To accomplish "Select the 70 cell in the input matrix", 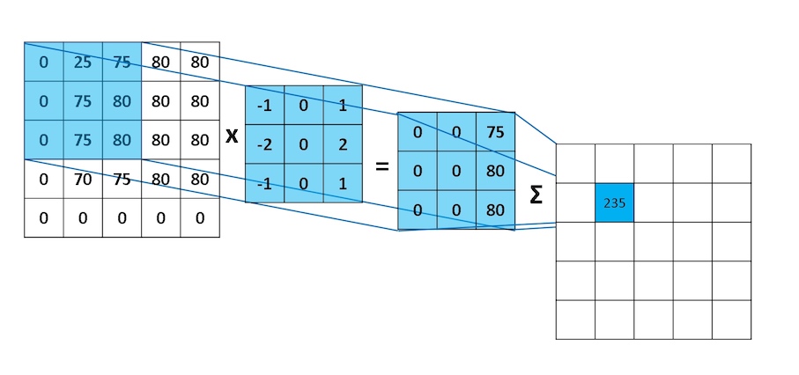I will [x=83, y=178].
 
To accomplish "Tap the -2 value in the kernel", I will [x=264, y=143].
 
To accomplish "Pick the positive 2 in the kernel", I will [x=342, y=143].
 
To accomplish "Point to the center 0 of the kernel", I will [x=303, y=143].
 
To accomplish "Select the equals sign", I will [x=381, y=165].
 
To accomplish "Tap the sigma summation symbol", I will [x=536, y=195].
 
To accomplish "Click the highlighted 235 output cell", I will [x=614, y=202].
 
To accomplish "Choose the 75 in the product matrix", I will [x=495, y=131].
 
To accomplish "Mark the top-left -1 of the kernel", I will [x=264, y=105].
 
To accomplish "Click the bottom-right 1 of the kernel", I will [x=342, y=183].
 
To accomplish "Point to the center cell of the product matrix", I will [x=456, y=170].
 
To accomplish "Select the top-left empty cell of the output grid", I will [x=575, y=163].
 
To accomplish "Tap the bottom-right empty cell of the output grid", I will [x=731, y=319].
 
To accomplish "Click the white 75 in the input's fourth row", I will [x=122, y=178].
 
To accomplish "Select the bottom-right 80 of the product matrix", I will [x=495, y=210].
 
